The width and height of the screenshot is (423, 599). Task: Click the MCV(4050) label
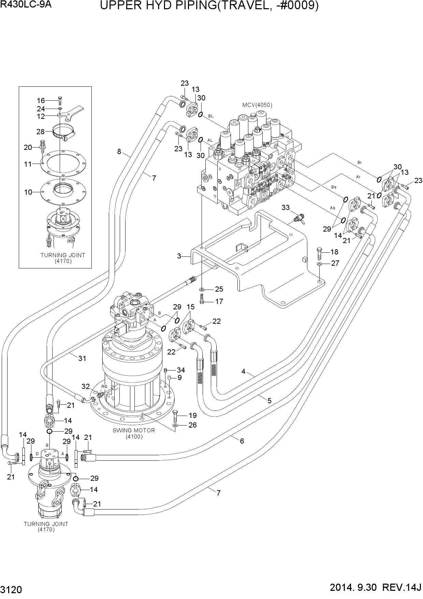[x=257, y=105]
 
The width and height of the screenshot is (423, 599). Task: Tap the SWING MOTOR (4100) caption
[x=134, y=433]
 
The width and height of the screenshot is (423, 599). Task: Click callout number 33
[x=286, y=207]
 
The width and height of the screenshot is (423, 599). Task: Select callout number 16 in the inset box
[x=41, y=100]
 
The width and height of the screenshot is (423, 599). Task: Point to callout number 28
[x=41, y=131]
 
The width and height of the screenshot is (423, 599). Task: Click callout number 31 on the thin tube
[x=82, y=358]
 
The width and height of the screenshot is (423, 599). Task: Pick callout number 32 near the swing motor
[x=86, y=386]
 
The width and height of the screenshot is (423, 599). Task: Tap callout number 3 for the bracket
[x=179, y=256]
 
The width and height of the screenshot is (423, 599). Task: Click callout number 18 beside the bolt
[x=334, y=252]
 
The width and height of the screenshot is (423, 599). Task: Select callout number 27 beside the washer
[x=335, y=263]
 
